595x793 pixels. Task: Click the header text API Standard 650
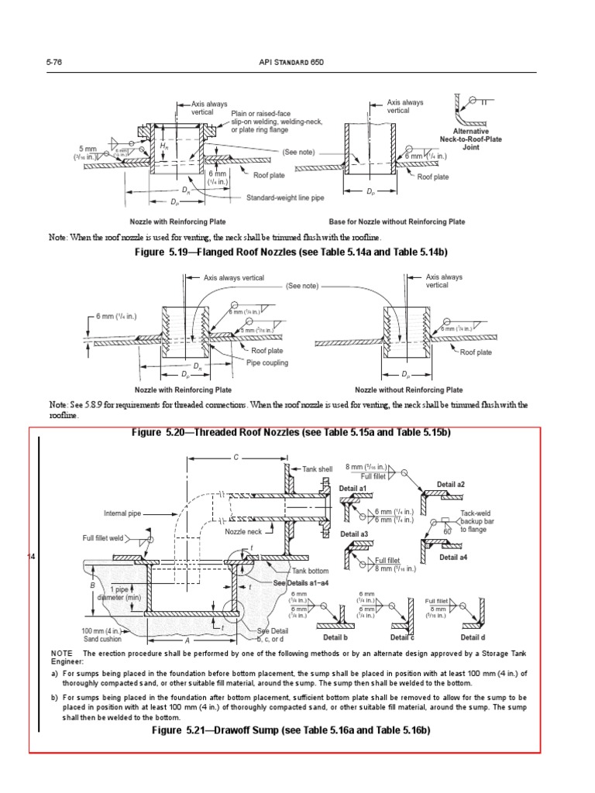point(295,61)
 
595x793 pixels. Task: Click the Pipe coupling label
point(267,362)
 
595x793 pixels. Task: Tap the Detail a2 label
point(450,485)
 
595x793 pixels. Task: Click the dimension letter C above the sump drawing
point(236,458)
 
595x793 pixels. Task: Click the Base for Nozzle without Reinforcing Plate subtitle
point(397,221)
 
